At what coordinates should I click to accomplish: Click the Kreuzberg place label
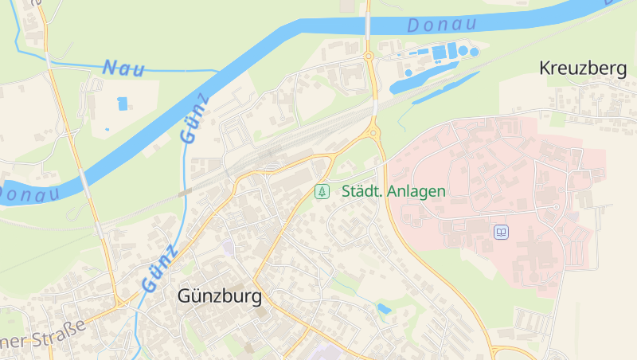point(583,68)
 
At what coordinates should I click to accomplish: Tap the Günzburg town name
point(219,297)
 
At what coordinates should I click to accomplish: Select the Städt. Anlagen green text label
point(393,191)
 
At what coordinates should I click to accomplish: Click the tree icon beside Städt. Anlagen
point(322,191)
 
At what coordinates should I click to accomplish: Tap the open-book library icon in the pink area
point(502,233)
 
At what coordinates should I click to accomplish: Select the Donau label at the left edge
point(29,194)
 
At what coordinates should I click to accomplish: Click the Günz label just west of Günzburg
point(159,268)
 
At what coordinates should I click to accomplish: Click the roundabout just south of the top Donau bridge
point(369,56)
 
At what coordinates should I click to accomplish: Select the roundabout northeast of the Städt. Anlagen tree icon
point(372,132)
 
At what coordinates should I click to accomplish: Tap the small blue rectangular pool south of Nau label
point(122,103)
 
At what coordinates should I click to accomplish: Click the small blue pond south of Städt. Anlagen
point(385,308)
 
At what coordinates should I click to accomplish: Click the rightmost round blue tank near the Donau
point(474,52)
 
